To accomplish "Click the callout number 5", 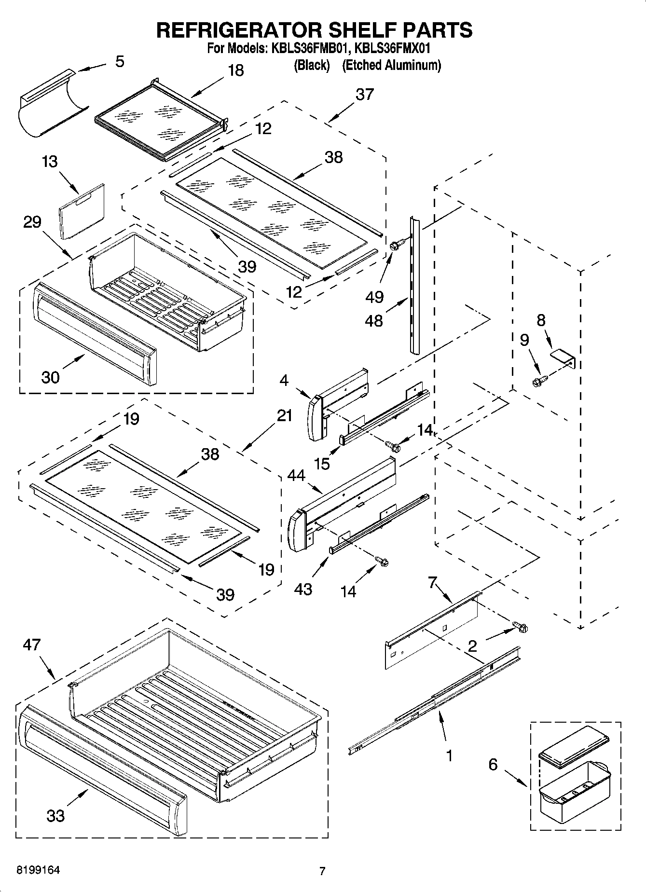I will [x=120, y=62].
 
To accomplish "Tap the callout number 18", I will [x=235, y=70].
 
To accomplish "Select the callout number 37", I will [x=364, y=94].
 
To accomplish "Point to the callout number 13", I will [x=50, y=161].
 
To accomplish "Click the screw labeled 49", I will [x=394, y=246].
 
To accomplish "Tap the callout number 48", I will [x=373, y=320].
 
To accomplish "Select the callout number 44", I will [x=296, y=476].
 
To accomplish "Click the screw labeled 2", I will [x=522, y=628].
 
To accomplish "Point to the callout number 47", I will [x=32, y=645].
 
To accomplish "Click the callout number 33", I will [x=55, y=815].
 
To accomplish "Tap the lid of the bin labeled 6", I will [x=573, y=748].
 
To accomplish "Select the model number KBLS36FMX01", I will [x=392, y=48].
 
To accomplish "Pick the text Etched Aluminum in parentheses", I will [x=391, y=65].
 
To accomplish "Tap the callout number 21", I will [x=285, y=415].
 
